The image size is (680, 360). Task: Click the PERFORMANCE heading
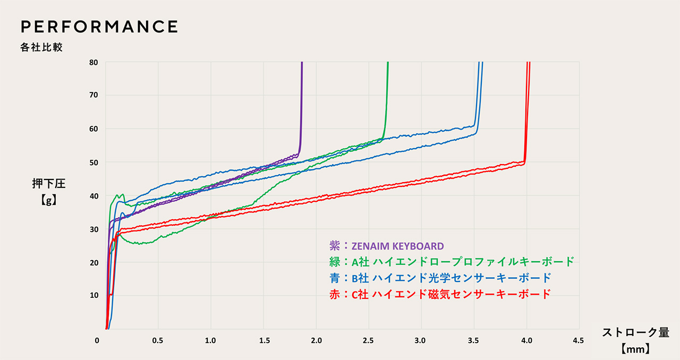click(99, 27)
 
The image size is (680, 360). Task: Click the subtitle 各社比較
click(42, 48)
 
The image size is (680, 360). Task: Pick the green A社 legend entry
click(452, 262)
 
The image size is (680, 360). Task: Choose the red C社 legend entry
click(440, 294)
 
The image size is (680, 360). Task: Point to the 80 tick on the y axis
click(93, 62)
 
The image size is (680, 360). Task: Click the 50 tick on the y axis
click(93, 162)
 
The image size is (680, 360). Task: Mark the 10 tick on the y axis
click(93, 296)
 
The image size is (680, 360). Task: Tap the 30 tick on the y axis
click(93, 229)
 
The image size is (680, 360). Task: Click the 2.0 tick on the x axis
click(316, 340)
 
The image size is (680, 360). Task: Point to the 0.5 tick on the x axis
click(158, 340)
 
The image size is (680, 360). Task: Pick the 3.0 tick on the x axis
click(421, 340)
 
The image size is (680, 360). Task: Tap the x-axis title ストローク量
click(635, 333)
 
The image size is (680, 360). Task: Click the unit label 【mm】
click(635, 350)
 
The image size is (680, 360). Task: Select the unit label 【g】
click(48, 201)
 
